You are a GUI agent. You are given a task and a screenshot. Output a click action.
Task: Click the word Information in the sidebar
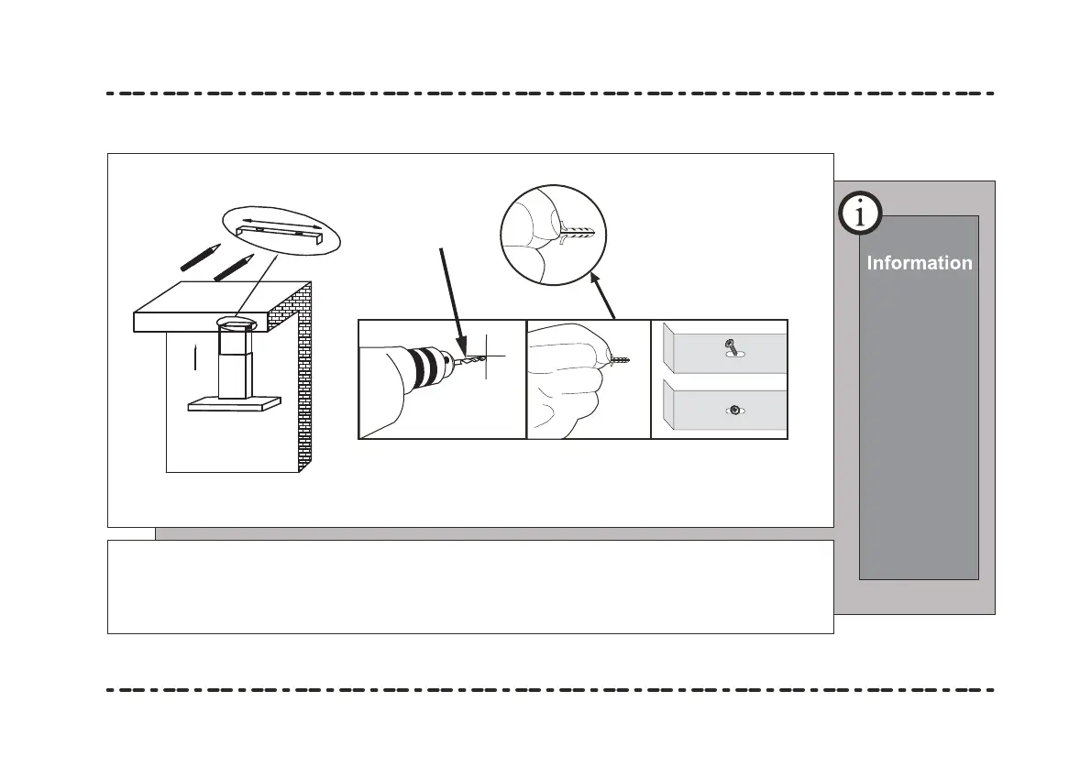pos(920,263)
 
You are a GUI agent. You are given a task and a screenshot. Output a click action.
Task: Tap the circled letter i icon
pos(859,214)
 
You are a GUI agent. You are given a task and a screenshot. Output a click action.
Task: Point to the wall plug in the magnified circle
pos(578,232)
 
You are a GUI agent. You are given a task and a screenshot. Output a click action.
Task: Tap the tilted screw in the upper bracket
pos(731,347)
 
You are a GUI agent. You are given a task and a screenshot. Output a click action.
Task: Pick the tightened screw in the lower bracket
pos(734,411)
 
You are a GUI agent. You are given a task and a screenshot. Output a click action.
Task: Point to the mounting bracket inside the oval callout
pos(280,230)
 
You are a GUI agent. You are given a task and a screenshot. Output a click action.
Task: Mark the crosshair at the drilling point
pos(489,356)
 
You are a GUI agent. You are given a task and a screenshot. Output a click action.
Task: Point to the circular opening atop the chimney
pos(237,323)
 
